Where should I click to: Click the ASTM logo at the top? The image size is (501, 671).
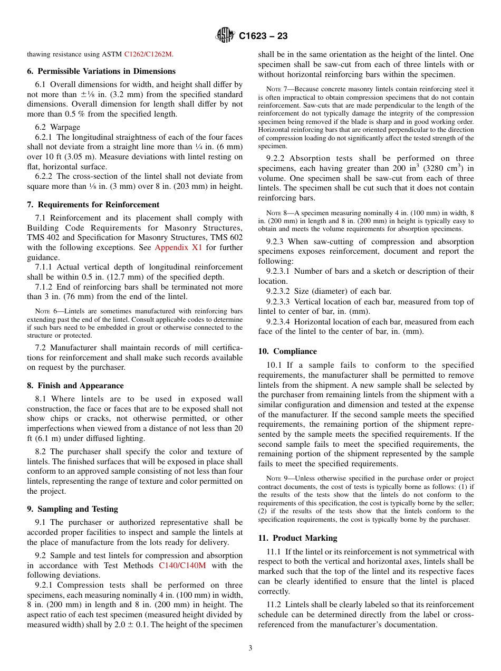pos(225,36)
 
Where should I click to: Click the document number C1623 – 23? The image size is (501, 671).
pos(263,36)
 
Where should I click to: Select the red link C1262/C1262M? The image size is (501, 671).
pos(148,54)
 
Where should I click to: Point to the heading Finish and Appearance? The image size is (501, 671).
pos(75,386)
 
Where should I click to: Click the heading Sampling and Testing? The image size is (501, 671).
pos(72,509)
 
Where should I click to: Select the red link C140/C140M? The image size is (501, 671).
pos(182,565)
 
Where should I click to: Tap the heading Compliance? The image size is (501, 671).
pos(287,351)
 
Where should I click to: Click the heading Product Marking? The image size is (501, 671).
pos(297,538)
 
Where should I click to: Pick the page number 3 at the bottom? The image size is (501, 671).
pos(250,648)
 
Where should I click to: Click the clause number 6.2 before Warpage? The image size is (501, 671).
pos(41,127)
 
